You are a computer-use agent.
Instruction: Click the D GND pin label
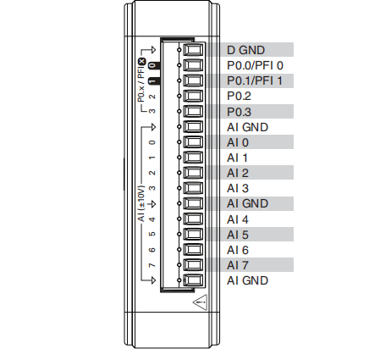pyautogui.click(x=245, y=50)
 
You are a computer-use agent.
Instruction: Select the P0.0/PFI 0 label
pyautogui.click(x=255, y=65)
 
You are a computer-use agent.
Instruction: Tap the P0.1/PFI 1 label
pyautogui.click(x=255, y=80)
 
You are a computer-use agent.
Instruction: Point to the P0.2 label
pyautogui.click(x=239, y=96)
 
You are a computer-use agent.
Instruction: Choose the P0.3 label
pyautogui.click(x=239, y=112)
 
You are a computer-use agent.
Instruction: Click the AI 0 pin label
pyautogui.click(x=238, y=142)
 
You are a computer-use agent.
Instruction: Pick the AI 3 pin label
pyautogui.click(x=238, y=188)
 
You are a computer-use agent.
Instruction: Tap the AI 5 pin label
pyautogui.click(x=238, y=235)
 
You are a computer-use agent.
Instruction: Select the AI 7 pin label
pyautogui.click(x=238, y=265)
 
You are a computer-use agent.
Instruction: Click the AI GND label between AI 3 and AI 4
pyautogui.click(x=247, y=203)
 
